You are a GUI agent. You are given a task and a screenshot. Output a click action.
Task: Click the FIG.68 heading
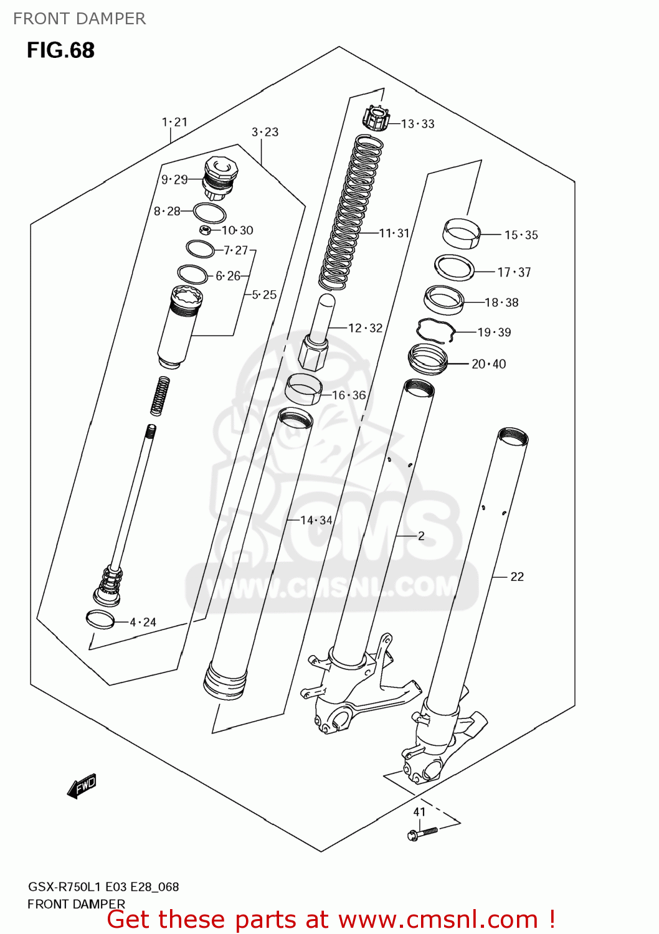[x=60, y=50]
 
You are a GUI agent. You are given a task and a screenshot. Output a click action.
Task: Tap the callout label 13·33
[x=417, y=124]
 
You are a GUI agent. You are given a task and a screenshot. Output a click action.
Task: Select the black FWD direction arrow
[x=82, y=786]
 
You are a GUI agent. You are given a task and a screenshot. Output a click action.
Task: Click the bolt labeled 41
[x=422, y=833]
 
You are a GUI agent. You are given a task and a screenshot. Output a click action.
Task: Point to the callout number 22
[x=517, y=577]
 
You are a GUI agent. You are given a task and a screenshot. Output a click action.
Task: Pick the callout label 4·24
[x=143, y=622]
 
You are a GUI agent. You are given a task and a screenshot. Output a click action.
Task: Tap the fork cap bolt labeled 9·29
[x=219, y=177]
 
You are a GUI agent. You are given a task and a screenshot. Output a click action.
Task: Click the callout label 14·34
[x=316, y=520]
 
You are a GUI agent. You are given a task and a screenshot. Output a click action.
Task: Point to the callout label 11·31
[x=394, y=233]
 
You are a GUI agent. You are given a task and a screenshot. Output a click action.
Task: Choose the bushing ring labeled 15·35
[x=462, y=233]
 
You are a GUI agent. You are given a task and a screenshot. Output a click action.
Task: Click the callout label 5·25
[x=264, y=295]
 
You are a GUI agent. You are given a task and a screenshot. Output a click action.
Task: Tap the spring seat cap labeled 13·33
[x=376, y=118]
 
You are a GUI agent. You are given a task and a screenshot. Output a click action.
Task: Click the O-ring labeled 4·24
[x=100, y=619]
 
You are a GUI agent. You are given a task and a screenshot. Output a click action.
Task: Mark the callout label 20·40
[x=488, y=364]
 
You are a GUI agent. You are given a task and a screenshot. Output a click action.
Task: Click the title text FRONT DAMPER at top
[x=79, y=19]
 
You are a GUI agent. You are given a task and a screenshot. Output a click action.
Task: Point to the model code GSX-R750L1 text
[x=65, y=887]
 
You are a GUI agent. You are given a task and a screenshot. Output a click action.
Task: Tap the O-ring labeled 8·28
[x=209, y=213]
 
